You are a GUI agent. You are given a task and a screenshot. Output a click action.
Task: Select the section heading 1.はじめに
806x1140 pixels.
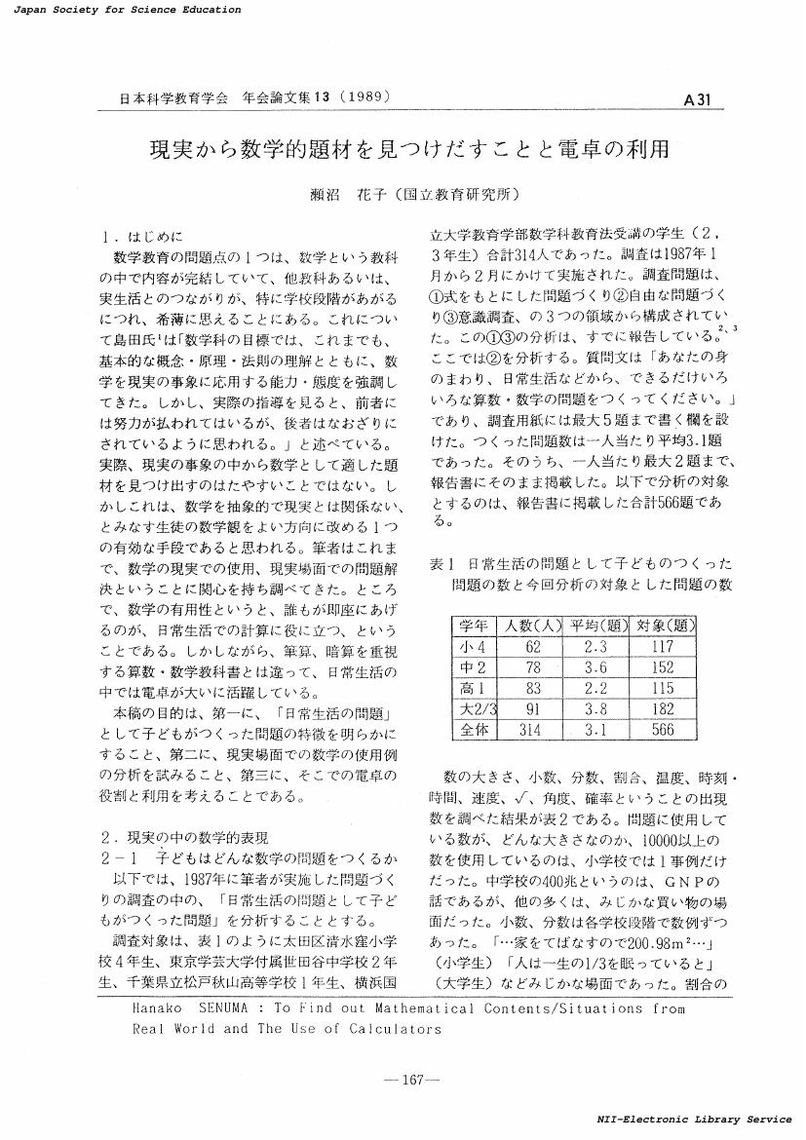142,236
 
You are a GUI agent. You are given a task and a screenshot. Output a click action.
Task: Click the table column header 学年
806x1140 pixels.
474,625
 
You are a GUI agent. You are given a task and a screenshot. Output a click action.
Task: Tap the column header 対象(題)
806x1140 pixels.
663,625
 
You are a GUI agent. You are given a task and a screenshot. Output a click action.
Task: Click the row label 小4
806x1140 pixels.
474,645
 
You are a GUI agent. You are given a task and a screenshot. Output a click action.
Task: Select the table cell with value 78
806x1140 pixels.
532,666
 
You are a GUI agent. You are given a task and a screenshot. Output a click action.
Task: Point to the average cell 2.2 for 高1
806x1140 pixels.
596,688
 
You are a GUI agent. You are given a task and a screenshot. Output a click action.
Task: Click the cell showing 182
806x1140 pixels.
663,708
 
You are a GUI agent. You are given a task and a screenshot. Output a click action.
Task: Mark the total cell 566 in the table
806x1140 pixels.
663,729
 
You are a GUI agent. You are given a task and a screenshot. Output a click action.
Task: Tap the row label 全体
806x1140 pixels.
474,729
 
